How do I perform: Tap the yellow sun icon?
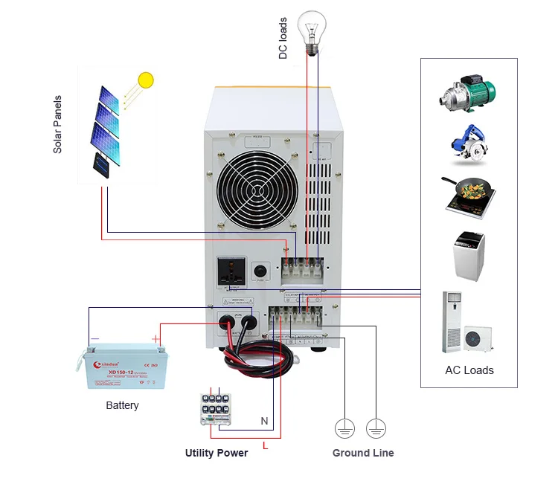point(146,80)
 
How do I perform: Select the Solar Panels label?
point(57,124)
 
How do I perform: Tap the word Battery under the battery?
point(122,405)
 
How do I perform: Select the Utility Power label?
point(217,453)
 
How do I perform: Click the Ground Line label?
point(363,453)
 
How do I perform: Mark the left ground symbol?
point(343,428)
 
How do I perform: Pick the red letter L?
point(265,445)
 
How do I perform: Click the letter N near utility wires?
point(264,421)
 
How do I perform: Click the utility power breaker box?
point(218,407)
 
